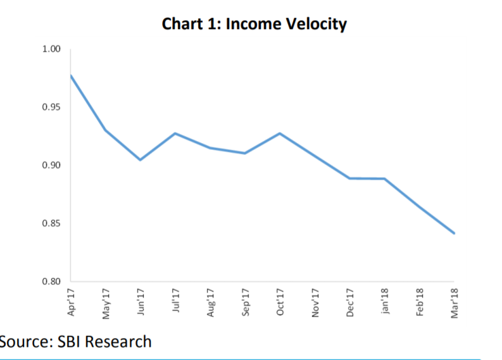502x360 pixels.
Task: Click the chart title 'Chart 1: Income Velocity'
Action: click(254, 25)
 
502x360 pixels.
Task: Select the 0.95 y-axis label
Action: click(51, 107)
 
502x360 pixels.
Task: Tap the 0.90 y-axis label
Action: click(51, 165)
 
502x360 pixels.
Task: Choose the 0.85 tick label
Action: click(51, 223)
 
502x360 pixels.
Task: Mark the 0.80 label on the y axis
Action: click(51, 282)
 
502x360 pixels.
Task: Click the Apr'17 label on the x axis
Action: click(71, 302)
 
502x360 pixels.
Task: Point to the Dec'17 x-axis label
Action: click(349, 302)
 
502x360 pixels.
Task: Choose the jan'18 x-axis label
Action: click(384, 302)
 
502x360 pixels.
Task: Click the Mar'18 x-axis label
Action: click(454, 302)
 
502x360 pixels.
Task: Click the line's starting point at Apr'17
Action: click(70, 75)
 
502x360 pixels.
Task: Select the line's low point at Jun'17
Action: click(140, 159)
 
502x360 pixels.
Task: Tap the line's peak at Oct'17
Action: click(280, 133)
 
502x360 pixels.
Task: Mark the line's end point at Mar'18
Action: click(454, 233)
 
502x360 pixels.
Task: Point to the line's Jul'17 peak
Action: click(175, 133)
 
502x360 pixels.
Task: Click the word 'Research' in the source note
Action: click(118, 342)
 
